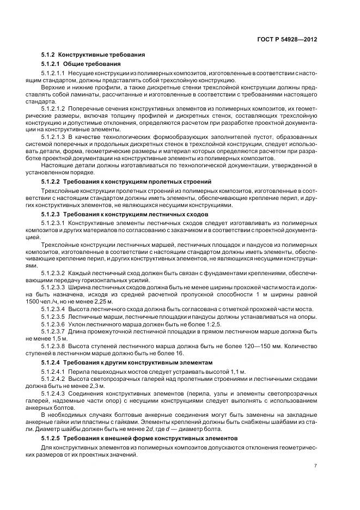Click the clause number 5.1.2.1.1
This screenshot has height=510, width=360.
point(53,73)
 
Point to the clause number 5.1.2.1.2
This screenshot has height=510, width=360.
point(53,108)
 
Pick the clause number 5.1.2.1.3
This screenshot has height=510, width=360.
point(53,137)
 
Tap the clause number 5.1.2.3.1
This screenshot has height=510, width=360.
point(53,224)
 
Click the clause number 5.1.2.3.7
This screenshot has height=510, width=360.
point(53,331)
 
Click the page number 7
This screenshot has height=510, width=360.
point(315,465)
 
